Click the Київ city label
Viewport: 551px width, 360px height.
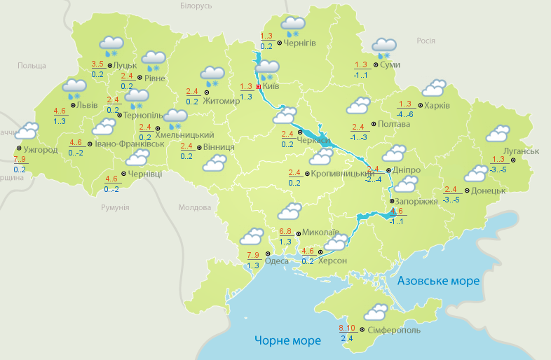pos(271,87)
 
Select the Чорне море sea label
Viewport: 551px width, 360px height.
pos(287,340)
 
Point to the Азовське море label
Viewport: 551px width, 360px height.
pos(438,281)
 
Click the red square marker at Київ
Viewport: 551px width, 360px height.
pos(258,87)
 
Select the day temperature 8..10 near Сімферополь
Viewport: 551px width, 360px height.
pos(347,328)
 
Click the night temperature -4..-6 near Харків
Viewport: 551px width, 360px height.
pos(404,114)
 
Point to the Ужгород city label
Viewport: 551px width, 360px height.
pos(41,150)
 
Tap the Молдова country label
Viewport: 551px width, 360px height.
pos(194,208)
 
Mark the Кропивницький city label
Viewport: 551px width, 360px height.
pos(339,173)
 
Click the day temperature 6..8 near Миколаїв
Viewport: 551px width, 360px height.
pos(285,231)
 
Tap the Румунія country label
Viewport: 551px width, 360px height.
pos(115,208)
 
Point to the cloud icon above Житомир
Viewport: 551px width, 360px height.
pos(212,74)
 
